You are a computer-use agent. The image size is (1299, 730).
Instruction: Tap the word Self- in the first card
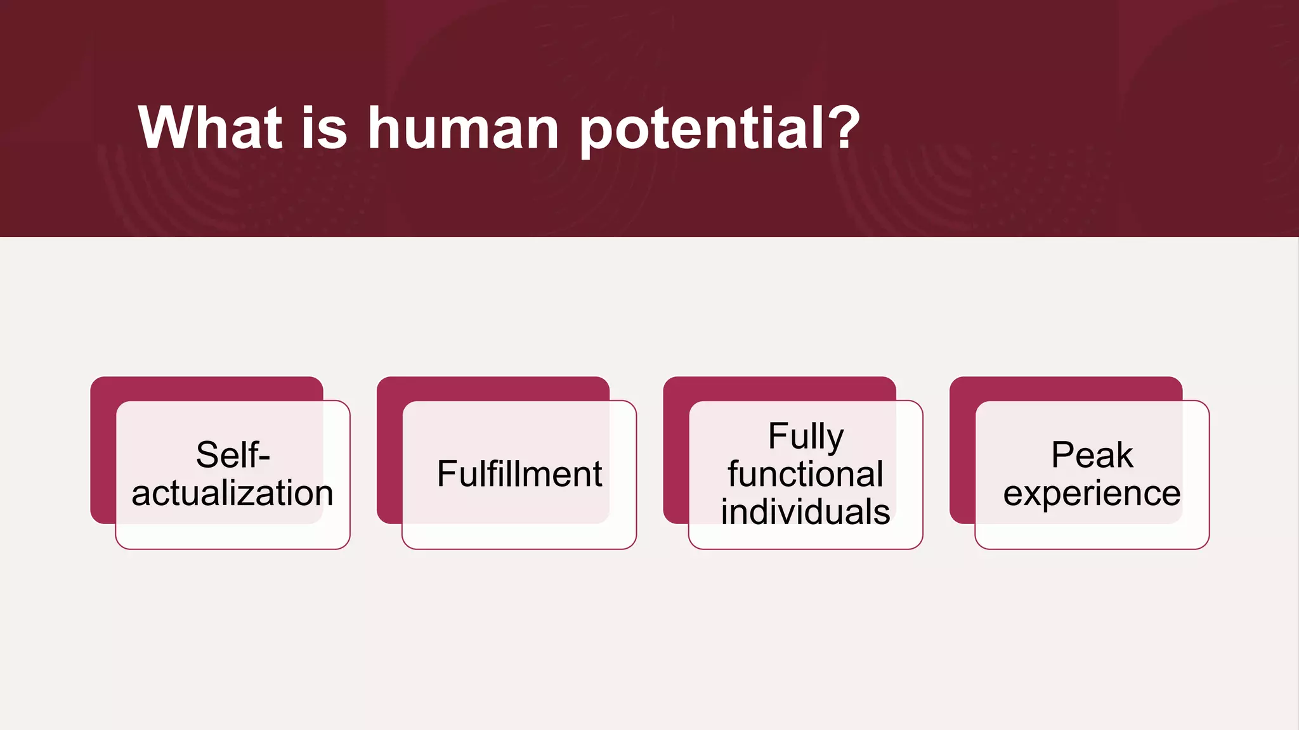click(x=233, y=454)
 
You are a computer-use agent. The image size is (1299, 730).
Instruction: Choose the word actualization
click(x=232, y=493)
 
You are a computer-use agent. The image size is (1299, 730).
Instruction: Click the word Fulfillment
click(x=519, y=474)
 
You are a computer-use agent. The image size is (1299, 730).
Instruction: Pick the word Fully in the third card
click(x=806, y=437)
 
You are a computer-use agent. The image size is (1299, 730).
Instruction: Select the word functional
click(x=805, y=474)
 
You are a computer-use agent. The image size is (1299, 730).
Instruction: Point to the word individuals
click(x=805, y=511)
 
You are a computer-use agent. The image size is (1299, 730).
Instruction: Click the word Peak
click(x=1092, y=454)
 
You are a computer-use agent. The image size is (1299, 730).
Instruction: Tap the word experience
click(x=1092, y=493)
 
